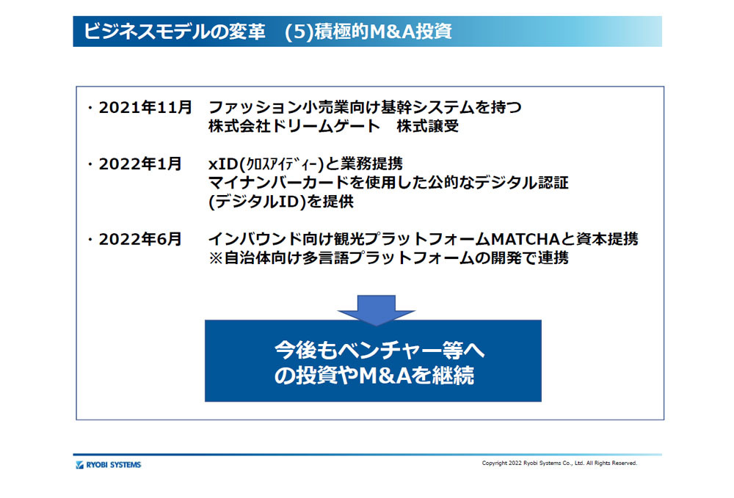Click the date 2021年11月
coord(145,108)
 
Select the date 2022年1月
coord(140,164)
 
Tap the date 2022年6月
coord(140,239)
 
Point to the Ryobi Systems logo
coord(108,465)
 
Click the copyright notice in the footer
coord(559,463)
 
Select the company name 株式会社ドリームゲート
coord(294,126)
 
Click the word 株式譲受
coord(427,126)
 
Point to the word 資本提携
coord(607,239)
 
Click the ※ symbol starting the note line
coord(216,258)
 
